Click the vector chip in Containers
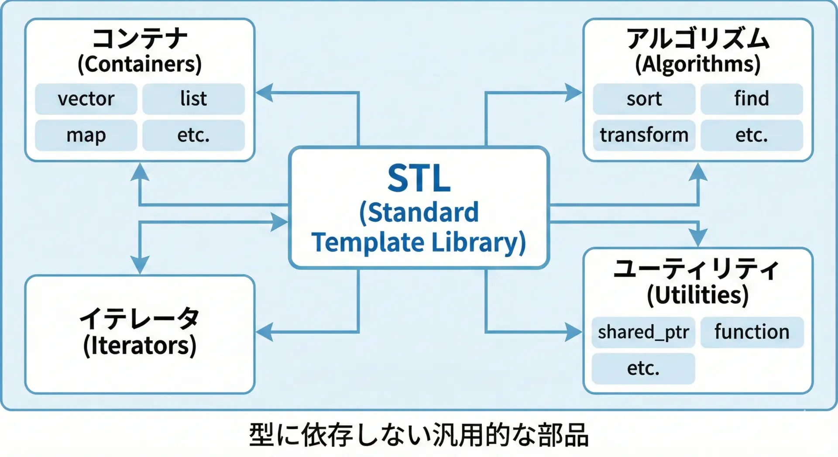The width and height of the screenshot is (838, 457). [x=86, y=99]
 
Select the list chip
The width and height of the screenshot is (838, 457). [x=193, y=99]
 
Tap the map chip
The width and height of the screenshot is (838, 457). [x=86, y=135]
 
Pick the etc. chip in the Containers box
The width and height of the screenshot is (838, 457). [x=193, y=135]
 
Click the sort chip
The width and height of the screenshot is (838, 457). [x=644, y=99]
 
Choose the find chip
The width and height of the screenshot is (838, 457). [x=752, y=99]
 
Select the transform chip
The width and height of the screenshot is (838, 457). [x=644, y=135]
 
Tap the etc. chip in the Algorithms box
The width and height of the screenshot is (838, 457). [x=752, y=135]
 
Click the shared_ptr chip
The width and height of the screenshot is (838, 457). [x=643, y=332]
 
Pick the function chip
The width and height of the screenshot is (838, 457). [x=752, y=332]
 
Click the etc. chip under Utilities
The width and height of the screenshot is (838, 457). [x=643, y=368]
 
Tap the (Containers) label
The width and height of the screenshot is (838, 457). [x=140, y=64]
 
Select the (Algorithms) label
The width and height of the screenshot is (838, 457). [x=698, y=64]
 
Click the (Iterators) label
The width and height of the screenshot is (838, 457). [x=140, y=346]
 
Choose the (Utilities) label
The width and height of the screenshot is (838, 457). [x=698, y=295]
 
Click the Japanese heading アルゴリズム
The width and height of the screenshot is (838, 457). [x=698, y=38]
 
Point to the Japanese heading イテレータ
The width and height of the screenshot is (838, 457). [x=140, y=319]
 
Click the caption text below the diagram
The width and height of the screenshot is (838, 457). [x=419, y=435]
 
